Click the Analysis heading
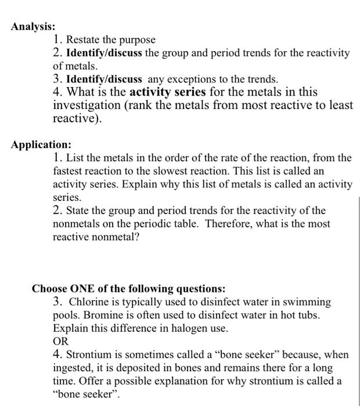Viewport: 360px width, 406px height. pos(33,27)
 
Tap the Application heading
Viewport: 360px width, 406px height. pos(41,144)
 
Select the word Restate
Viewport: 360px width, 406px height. pos(83,40)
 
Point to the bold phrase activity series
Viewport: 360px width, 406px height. pos(167,92)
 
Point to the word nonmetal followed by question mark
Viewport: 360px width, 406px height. pos(118,237)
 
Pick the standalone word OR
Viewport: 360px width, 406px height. pos(61,342)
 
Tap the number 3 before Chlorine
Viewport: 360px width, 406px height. pos(56,302)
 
